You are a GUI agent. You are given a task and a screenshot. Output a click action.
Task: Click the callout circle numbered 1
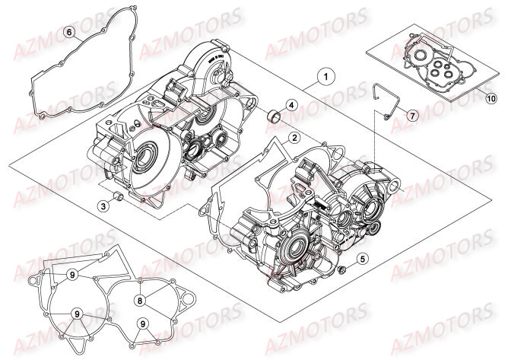(x=325, y=77)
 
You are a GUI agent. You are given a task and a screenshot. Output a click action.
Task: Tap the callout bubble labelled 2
(x=293, y=138)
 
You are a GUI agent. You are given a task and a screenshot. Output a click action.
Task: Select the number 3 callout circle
(x=103, y=205)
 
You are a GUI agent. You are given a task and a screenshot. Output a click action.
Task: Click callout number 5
(x=363, y=259)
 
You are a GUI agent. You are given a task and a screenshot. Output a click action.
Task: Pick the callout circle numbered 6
(x=69, y=33)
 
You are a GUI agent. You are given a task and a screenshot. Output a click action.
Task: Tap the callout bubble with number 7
(x=411, y=116)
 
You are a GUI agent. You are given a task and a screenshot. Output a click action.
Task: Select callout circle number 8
(x=141, y=280)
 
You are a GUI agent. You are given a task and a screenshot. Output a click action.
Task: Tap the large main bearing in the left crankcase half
(x=144, y=161)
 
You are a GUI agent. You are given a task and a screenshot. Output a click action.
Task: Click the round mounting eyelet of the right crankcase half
(x=396, y=183)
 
